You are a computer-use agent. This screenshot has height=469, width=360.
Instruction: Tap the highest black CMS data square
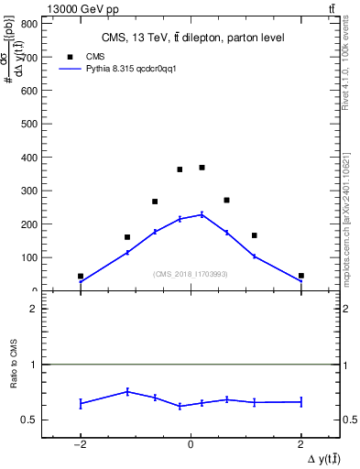pos(202,168)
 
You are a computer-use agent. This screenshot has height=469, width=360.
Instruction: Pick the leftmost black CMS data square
pos(81,276)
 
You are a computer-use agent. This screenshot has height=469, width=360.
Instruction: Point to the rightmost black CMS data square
pos(300,276)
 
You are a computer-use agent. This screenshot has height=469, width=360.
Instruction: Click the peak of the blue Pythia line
pos(202,214)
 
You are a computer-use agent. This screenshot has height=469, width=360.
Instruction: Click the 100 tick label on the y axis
pos(29,257)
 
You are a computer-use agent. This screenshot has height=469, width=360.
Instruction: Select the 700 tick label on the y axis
pos(29,58)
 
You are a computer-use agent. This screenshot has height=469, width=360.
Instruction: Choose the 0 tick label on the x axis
pos(191,445)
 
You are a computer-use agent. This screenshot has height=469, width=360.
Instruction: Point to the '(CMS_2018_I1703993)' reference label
pos(190,274)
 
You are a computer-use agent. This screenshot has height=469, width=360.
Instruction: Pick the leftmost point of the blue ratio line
pos(81,403)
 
